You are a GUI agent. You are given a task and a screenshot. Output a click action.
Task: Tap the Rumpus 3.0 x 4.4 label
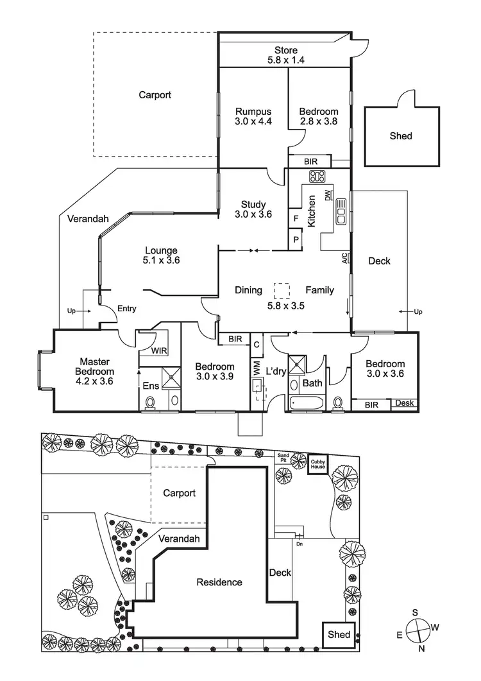click(253, 116)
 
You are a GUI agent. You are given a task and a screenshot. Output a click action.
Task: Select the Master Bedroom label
click(96, 366)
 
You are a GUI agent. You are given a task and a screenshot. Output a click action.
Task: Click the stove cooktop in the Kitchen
click(317, 177)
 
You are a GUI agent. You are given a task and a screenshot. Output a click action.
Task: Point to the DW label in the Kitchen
click(328, 195)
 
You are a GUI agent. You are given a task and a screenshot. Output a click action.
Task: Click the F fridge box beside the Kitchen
click(296, 218)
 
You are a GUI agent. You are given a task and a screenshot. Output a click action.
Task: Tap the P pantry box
click(296, 239)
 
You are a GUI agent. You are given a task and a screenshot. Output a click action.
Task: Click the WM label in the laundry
click(256, 368)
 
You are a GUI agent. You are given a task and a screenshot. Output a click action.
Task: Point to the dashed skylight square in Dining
click(281, 291)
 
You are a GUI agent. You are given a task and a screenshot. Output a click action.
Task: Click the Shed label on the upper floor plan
click(401, 136)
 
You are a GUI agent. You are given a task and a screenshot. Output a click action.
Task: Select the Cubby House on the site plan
click(318, 463)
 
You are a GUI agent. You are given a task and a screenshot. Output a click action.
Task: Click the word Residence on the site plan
click(219, 582)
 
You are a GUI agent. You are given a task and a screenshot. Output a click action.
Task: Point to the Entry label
click(127, 309)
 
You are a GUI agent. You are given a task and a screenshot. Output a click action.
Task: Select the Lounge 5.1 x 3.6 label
click(161, 256)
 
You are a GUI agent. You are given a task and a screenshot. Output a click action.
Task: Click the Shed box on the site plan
click(339, 634)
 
